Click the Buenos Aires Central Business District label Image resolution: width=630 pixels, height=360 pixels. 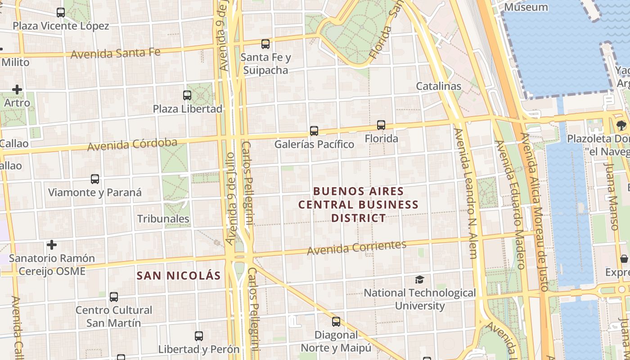359,205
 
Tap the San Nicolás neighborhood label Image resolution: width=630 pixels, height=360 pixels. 179,276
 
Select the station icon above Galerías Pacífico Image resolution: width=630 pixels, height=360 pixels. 314,131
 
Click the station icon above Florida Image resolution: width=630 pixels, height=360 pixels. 381,125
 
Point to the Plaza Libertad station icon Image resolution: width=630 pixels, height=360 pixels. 187,95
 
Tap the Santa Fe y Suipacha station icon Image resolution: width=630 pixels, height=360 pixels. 265,44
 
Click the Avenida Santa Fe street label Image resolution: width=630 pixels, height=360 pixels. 116,53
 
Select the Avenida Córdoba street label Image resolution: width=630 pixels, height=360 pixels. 132,145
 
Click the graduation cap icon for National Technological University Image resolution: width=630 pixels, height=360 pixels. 419,279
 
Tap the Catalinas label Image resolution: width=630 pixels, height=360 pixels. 439,86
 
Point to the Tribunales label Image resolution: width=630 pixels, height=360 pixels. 163,219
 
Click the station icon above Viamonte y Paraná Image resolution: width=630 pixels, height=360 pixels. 95,179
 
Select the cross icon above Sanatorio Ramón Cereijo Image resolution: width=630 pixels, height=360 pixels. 52,245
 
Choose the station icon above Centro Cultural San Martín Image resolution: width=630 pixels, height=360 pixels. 114,297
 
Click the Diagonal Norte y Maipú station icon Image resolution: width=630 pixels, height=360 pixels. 336,322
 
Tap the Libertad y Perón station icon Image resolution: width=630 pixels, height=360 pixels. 199,336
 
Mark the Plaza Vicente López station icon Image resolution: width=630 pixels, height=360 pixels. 61,13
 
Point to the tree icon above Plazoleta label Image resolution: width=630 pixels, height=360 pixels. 621,125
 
